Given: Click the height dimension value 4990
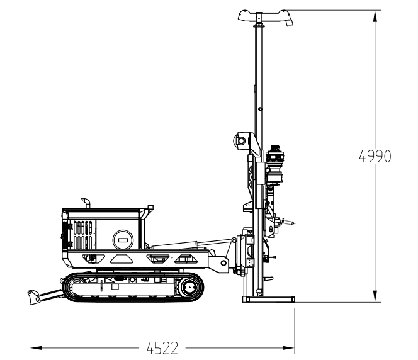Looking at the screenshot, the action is (x=375, y=156).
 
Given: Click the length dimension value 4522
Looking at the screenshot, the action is (x=162, y=348).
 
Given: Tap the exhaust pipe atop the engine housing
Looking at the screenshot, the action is (x=86, y=203).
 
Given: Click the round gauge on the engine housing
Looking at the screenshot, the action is (x=123, y=240).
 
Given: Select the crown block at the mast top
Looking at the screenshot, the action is (x=265, y=16).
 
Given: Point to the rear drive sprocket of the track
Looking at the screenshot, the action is (x=189, y=287).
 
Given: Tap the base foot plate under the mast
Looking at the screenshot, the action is (x=268, y=299).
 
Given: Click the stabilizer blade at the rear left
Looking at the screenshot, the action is (x=33, y=297).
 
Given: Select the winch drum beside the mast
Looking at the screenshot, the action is (x=240, y=140).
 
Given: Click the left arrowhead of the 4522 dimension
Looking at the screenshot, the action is (x=36, y=348).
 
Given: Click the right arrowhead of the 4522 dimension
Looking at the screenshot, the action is (x=289, y=348).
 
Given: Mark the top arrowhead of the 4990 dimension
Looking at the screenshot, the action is (x=375, y=16).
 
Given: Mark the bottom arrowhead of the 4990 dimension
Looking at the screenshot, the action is (x=375, y=296).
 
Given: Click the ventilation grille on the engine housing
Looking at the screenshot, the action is (x=83, y=235).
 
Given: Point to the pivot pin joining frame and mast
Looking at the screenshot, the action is (x=223, y=263).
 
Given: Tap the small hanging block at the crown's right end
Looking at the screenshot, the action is (x=289, y=23).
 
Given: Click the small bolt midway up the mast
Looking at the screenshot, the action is (x=260, y=109).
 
